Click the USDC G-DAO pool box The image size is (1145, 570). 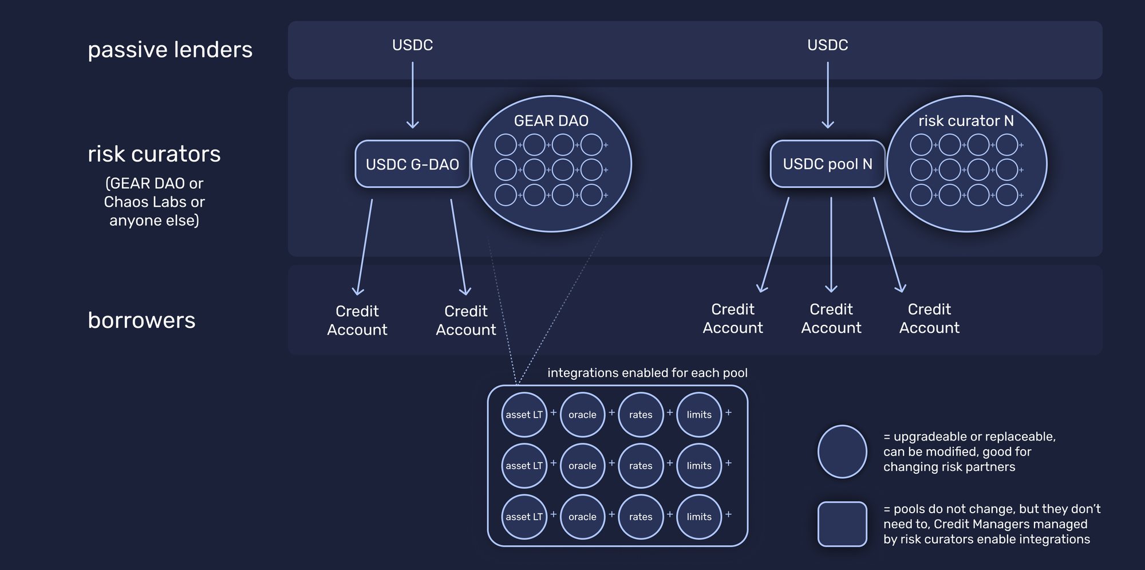(412, 164)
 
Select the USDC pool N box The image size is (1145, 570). (827, 164)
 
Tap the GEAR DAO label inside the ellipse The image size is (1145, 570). (551, 121)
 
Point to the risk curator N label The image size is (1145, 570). (966, 121)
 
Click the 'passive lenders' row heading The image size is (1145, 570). (170, 50)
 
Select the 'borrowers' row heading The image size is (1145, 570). (141, 320)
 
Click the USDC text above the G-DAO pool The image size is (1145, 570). (412, 45)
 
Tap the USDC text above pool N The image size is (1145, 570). (827, 45)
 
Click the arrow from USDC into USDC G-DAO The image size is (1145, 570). (412, 95)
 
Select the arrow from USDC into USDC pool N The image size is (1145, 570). (828, 95)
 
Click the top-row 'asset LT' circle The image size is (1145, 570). (524, 415)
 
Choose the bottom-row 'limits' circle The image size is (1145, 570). (699, 517)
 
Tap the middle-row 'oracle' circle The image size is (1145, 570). (582, 466)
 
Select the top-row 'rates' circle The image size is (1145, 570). (641, 415)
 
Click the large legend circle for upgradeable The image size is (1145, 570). (842, 451)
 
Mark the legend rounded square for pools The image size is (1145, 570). (842, 524)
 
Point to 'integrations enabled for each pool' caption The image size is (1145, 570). (647, 373)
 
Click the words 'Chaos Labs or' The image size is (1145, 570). (154, 202)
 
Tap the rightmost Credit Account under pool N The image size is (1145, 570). (929, 319)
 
